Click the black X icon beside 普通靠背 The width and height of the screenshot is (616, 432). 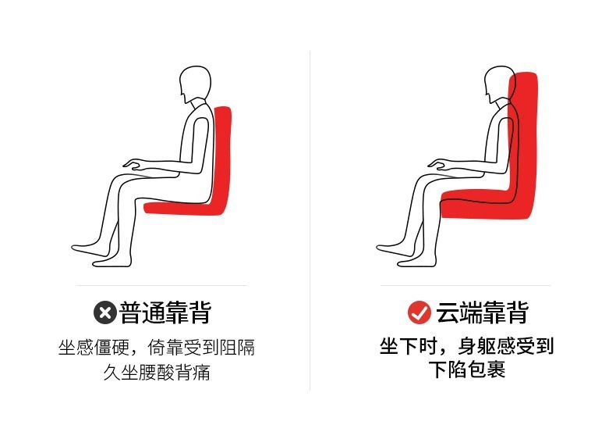coord(104,313)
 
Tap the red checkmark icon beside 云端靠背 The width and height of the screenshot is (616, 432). coord(420,313)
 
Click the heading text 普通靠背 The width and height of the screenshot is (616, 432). coord(165,313)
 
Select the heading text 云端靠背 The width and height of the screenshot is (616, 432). coord(481,313)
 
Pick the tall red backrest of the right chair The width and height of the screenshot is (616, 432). coord(526,133)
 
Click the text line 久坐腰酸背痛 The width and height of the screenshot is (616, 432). coord(157,372)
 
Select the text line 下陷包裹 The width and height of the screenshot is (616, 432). coord(467,370)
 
